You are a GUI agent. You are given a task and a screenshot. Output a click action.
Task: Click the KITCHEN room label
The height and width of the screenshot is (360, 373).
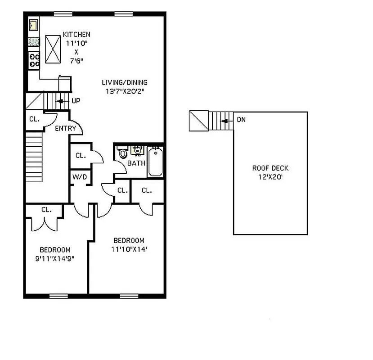(x=76, y=35)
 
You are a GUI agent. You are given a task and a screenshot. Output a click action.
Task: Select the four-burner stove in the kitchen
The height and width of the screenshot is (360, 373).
(x=34, y=60)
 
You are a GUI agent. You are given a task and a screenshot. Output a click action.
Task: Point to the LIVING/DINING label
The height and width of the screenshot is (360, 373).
(x=124, y=83)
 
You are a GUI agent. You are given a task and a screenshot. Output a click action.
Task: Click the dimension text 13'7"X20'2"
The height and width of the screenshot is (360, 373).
(x=124, y=91)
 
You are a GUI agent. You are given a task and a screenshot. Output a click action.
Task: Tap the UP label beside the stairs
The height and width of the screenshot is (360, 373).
(x=76, y=101)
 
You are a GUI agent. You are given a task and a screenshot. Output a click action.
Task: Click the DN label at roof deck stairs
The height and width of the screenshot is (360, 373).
(x=241, y=120)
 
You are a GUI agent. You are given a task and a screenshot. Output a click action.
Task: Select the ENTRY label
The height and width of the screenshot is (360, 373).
(x=65, y=129)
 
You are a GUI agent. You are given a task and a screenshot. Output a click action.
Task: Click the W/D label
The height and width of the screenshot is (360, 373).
(x=80, y=177)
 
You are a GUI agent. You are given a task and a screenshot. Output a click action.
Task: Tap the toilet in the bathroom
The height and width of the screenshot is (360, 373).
(x=122, y=154)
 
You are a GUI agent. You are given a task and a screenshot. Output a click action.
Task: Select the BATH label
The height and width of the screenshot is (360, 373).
(x=136, y=163)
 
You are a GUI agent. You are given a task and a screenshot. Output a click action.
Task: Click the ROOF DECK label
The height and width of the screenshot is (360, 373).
(x=270, y=168)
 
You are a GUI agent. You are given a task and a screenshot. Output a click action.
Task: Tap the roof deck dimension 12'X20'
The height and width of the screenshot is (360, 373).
(x=270, y=177)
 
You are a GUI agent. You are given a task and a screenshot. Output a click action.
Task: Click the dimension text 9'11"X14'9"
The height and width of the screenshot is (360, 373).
(x=55, y=258)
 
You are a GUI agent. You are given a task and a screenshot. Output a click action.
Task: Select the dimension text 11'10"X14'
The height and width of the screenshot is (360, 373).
(x=129, y=249)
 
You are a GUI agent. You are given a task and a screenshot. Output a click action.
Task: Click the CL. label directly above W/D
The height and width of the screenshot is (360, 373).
(x=81, y=156)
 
